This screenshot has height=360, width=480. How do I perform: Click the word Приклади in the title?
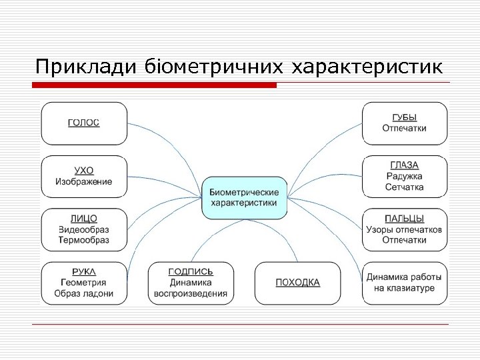tap(78, 67)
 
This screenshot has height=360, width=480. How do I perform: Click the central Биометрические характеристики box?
tap(244, 197)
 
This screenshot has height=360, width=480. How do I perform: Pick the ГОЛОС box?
tap(84, 123)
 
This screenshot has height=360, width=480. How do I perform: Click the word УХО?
tap(84, 170)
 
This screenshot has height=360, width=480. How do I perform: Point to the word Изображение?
tap(84, 181)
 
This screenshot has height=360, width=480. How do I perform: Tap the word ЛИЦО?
tap(84, 218)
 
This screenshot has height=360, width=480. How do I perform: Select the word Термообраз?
tap(84, 240)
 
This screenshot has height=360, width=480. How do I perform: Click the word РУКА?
tap(84, 271)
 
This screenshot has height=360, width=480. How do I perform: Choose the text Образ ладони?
tap(84, 293)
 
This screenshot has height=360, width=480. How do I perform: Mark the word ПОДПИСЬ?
tap(191, 271)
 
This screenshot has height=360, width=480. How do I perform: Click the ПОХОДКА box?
tap(297, 283)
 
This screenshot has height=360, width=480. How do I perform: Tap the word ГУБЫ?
tap(405, 117)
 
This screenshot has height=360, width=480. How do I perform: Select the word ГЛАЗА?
tap(405, 165)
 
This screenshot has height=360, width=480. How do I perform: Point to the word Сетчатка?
tap(405, 187)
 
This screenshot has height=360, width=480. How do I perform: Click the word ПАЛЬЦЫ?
tap(405, 218)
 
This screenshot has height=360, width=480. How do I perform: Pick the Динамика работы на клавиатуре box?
tap(405, 283)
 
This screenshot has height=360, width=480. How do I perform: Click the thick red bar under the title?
tap(155, 85)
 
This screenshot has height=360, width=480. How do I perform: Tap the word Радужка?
tap(405, 176)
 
